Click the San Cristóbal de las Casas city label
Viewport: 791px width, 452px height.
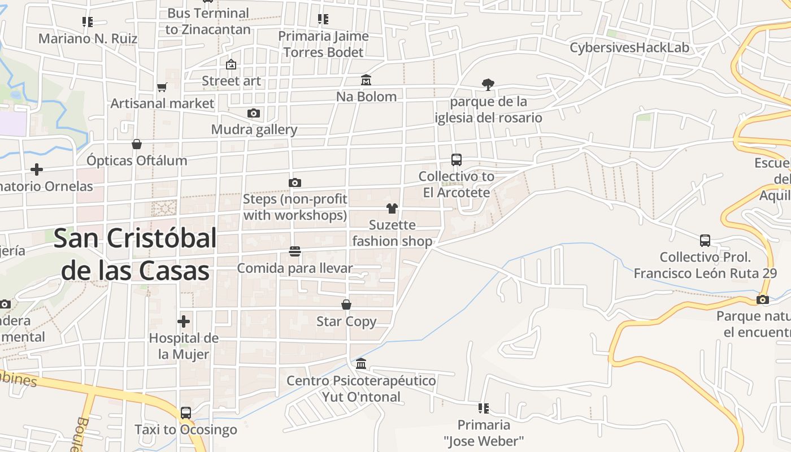(x=135, y=255)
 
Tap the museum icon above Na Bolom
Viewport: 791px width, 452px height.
(x=366, y=80)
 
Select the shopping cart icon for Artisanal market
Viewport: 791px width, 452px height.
(x=162, y=87)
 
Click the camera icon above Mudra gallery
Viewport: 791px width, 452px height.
(x=254, y=113)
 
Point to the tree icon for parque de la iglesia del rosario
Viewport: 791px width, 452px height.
(x=488, y=85)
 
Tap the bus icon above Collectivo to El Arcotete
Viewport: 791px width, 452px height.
(x=457, y=160)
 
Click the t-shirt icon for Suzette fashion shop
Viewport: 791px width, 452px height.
(x=392, y=208)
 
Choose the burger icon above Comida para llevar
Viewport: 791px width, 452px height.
(x=294, y=251)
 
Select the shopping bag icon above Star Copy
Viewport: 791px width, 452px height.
(x=346, y=305)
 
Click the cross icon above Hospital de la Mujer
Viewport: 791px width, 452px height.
(x=184, y=321)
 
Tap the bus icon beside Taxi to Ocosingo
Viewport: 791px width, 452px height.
(x=186, y=413)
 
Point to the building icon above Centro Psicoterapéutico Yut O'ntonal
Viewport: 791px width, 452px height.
(x=361, y=363)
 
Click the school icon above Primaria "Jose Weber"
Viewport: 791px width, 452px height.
(x=484, y=408)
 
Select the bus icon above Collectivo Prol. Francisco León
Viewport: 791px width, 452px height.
(x=705, y=241)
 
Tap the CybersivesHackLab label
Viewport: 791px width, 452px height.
(x=629, y=47)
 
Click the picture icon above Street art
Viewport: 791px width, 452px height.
(x=231, y=64)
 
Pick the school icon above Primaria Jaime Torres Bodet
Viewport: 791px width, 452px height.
(x=323, y=19)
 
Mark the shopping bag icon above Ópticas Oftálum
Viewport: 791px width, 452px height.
(x=137, y=144)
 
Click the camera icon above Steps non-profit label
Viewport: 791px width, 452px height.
(x=294, y=182)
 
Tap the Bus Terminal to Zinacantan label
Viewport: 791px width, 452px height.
(x=208, y=21)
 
